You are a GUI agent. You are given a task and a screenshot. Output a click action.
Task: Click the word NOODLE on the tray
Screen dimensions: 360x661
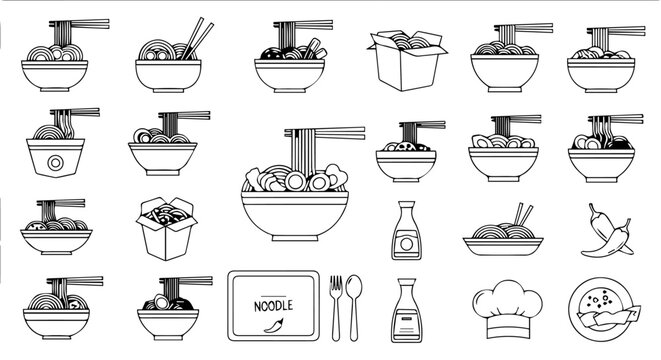coord(273,305)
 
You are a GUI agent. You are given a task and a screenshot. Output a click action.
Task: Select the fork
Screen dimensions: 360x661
coord(336,304)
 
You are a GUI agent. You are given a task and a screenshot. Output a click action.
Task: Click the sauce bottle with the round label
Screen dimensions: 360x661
coord(405,230)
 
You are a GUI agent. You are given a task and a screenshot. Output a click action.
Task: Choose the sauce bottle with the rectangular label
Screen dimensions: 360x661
coord(405,310)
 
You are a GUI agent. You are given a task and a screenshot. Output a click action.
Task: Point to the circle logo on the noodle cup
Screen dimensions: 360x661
coord(56,160)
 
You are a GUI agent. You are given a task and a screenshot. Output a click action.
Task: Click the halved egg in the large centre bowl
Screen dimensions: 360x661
coord(295,182)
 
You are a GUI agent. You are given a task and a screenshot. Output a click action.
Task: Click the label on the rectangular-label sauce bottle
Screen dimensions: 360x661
coord(405,321)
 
